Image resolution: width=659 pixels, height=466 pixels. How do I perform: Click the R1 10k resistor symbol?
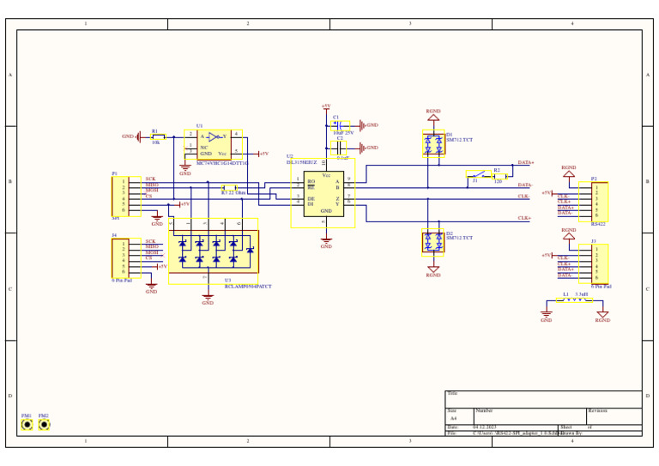click(x=158, y=136)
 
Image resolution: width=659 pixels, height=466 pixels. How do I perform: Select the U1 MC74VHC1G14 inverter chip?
click(x=214, y=144)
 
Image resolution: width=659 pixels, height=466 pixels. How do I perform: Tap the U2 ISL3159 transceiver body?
click(x=323, y=193)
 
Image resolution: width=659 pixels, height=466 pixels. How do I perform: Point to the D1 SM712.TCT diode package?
click(x=433, y=143)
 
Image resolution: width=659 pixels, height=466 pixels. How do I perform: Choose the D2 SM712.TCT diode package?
click(x=433, y=243)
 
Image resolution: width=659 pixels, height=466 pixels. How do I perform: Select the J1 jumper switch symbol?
click(x=477, y=175)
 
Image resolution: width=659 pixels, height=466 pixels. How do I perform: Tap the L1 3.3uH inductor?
click(x=574, y=300)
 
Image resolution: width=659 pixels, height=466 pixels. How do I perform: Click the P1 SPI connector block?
click(x=125, y=197)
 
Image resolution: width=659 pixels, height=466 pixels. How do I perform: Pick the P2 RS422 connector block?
click(x=594, y=202)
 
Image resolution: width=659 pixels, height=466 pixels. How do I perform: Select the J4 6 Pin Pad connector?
click(x=124, y=258)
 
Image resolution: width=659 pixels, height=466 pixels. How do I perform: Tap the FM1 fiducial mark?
click(x=27, y=424)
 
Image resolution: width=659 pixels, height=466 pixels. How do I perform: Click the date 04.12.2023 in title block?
click(x=485, y=427)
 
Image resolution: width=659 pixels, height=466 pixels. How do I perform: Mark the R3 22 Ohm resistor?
click(x=230, y=188)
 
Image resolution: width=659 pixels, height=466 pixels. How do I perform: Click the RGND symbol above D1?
click(x=433, y=116)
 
